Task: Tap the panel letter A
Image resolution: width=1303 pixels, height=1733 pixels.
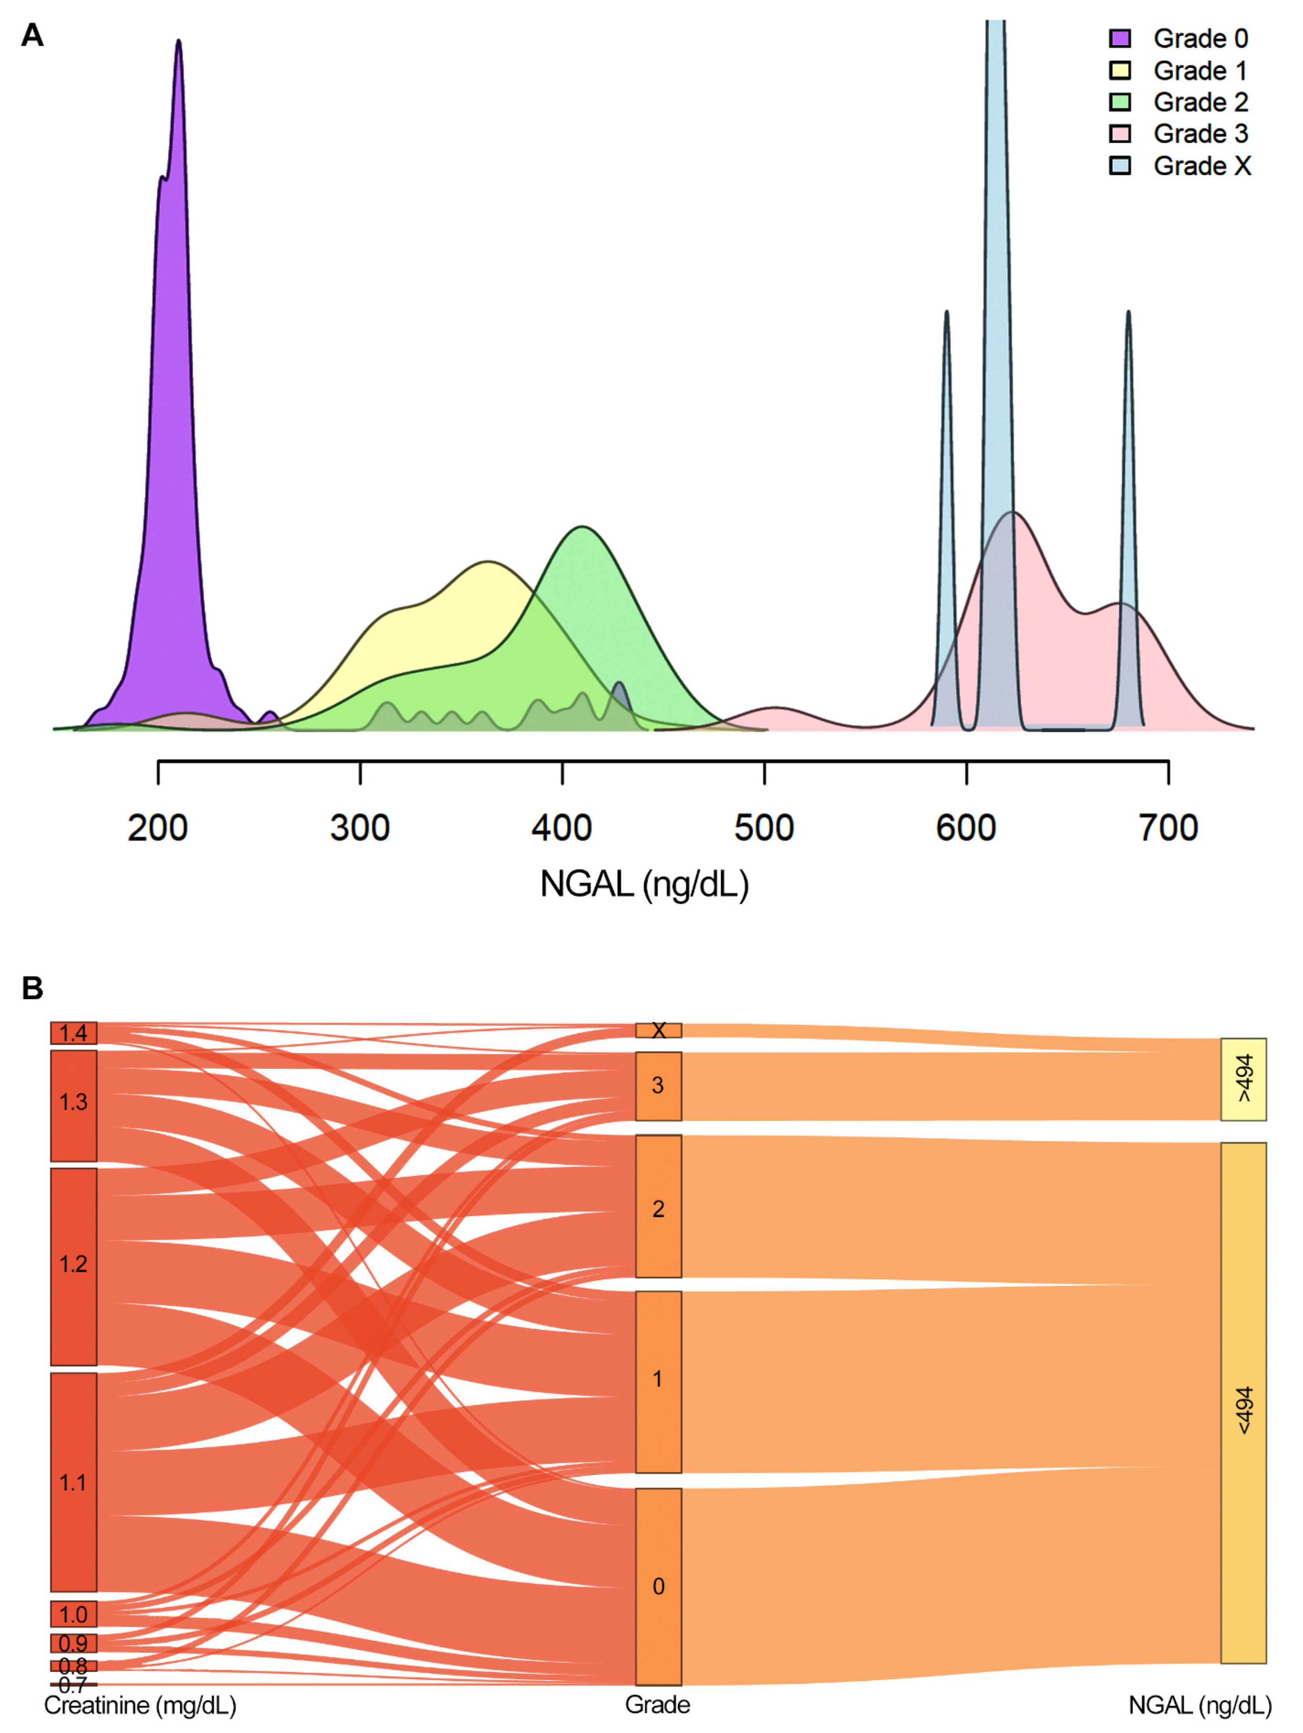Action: coord(32,35)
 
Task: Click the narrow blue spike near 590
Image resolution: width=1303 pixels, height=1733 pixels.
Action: coord(946,314)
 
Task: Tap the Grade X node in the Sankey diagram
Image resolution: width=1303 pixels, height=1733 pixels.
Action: coord(658,1030)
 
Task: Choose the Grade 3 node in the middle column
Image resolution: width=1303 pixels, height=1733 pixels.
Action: coord(658,1086)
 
